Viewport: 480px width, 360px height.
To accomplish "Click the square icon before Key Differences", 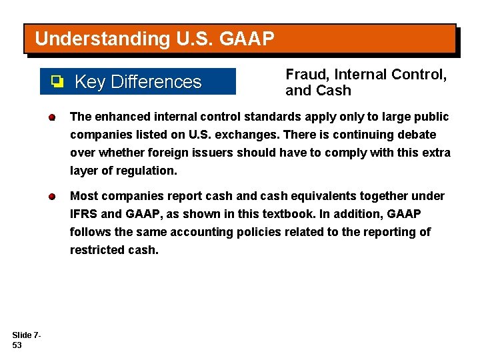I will pos(57,82).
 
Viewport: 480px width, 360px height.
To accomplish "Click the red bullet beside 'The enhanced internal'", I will pos(51,118).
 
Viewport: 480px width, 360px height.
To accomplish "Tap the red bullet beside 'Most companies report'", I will pos(51,197).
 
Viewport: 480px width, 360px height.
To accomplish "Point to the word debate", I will pos(417,135).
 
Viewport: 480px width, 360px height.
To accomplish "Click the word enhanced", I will pos(121,117).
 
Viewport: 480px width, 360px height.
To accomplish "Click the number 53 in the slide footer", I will pos(17,346).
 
